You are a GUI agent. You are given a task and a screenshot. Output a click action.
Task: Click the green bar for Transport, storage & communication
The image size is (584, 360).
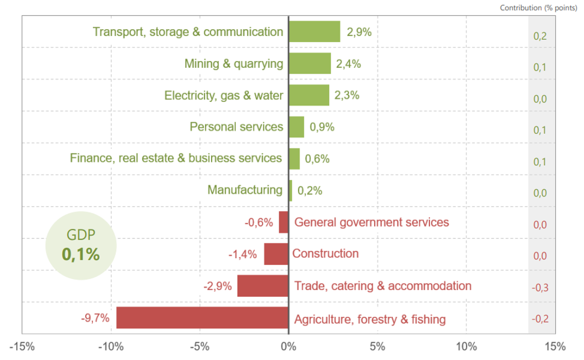[x=314, y=31]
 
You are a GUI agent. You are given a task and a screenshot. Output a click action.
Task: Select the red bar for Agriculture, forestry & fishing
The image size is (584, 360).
[x=202, y=318]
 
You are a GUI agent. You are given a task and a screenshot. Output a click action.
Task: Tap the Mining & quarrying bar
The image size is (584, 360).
[x=310, y=63]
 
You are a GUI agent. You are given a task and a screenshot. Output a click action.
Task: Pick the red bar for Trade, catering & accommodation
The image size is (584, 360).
[x=263, y=286]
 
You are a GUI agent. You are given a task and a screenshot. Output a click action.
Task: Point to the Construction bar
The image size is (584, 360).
[x=276, y=254]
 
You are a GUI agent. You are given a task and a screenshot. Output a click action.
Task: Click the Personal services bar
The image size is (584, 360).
[x=296, y=127]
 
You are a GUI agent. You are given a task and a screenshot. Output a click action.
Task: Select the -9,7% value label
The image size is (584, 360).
[x=95, y=319]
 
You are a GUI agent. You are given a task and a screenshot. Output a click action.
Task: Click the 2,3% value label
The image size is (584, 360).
[x=347, y=95]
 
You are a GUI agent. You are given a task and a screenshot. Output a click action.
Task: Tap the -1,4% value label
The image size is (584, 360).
[x=242, y=255]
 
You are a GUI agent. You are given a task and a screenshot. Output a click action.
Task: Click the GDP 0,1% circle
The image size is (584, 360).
[x=81, y=246]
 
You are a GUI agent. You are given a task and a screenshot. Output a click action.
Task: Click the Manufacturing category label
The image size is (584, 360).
[x=245, y=190]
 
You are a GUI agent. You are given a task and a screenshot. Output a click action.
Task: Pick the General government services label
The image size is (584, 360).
[x=371, y=222]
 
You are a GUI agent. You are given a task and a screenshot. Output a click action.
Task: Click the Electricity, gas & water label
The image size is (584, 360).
[x=223, y=95]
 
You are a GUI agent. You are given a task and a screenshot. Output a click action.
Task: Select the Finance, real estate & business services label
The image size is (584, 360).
[x=176, y=158]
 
